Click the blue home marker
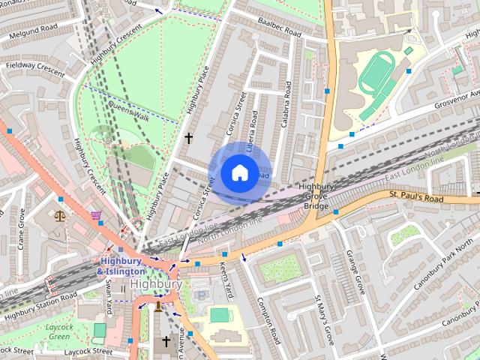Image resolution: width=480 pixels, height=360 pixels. tap(239, 172)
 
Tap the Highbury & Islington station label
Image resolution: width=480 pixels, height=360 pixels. tap(121, 265)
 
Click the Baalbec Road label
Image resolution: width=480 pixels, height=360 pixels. tap(278, 28)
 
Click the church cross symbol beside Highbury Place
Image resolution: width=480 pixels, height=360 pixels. tap(188, 138)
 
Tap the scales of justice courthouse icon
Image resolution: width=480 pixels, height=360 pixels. tap(60, 215)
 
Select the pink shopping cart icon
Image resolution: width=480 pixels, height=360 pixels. tap(96, 215)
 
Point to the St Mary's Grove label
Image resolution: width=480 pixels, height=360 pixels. tap(322, 319)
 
